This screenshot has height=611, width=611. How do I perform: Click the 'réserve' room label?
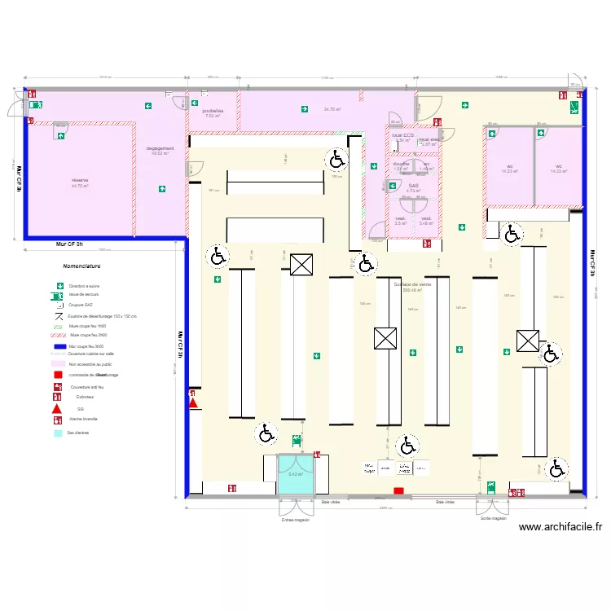(x=79, y=180)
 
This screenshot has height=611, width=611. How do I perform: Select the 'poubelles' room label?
(x=213, y=111)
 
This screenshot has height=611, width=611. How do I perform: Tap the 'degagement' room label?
(x=160, y=148)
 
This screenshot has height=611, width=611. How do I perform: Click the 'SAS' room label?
(x=413, y=186)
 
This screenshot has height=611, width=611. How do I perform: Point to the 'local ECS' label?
(x=402, y=135)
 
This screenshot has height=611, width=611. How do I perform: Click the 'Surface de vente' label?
(x=413, y=284)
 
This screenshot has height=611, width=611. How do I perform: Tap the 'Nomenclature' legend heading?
(x=81, y=266)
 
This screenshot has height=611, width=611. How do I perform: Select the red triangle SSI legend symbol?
(x=57, y=408)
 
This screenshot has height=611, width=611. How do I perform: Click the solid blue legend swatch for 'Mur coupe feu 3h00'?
(x=57, y=346)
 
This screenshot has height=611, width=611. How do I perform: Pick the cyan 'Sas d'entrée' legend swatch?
(x=57, y=433)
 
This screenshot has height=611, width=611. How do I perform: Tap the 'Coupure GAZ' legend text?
(x=81, y=305)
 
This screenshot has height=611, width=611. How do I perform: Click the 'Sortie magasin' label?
(x=493, y=518)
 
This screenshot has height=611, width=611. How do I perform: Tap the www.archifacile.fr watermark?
(x=560, y=527)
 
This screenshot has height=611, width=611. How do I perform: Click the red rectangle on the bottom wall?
(x=398, y=490)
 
